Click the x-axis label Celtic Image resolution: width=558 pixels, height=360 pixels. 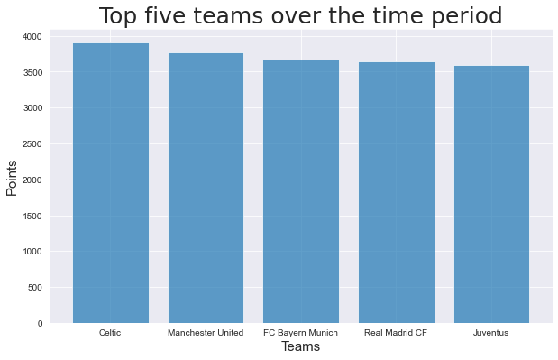click(111, 333)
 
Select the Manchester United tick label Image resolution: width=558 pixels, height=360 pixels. click(206, 333)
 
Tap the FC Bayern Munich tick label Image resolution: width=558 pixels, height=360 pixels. click(301, 333)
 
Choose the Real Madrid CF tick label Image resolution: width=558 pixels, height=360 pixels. click(396, 333)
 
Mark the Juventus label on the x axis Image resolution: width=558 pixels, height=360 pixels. click(491, 333)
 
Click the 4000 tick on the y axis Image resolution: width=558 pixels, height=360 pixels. click(32, 36)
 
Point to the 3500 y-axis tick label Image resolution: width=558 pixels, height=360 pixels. click(32, 72)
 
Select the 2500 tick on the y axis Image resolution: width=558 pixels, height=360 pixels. click(32, 143)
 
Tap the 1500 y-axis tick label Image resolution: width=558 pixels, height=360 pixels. click(32, 216)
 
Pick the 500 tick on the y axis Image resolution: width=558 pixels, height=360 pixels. click(34, 287)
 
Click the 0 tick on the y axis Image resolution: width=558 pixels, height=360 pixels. click(40, 323)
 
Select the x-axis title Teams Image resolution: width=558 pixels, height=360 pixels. click(300, 347)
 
